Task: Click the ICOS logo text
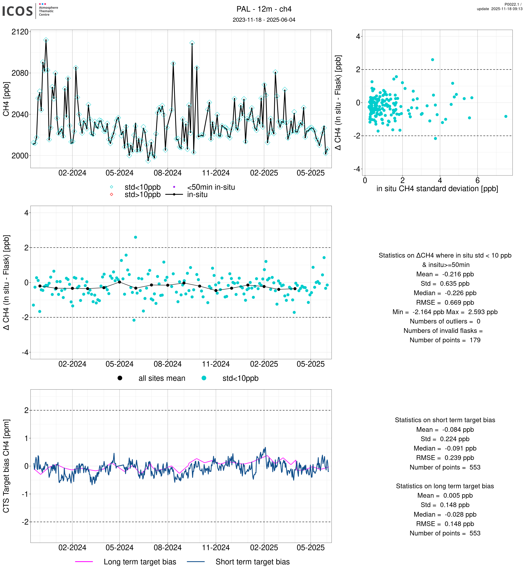click(18, 11)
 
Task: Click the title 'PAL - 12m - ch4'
click(264, 9)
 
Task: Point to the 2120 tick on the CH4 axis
click(20, 32)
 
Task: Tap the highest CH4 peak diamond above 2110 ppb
click(46, 40)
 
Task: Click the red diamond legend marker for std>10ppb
click(111, 194)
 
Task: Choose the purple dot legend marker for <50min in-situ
click(174, 187)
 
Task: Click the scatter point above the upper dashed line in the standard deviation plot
click(433, 60)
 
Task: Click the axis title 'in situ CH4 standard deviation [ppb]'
click(437, 189)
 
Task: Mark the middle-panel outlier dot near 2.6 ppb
click(135, 237)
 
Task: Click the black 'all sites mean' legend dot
click(120, 378)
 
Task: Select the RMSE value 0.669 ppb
click(445, 302)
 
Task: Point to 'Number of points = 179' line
click(445, 340)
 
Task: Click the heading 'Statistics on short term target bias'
click(445, 420)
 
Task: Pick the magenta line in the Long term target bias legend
click(84, 562)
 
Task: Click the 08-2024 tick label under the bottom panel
click(168, 548)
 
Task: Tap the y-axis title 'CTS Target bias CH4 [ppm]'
click(6, 466)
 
